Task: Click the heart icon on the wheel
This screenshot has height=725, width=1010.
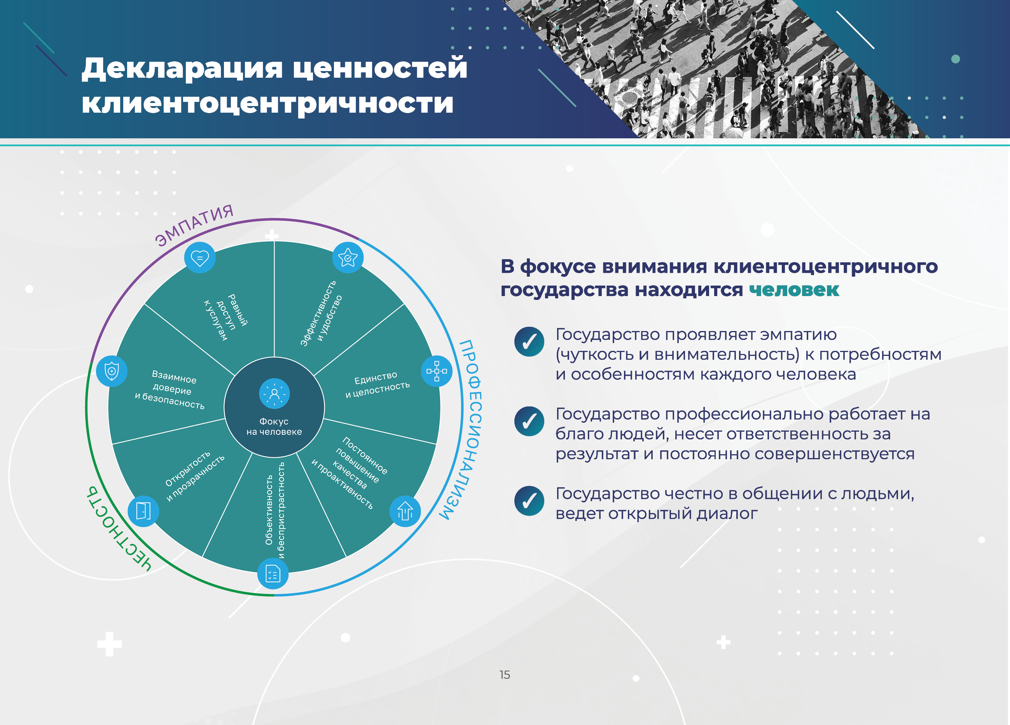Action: coord(199,258)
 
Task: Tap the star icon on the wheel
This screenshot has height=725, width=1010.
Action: coord(348,258)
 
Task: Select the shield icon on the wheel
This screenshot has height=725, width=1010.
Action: coord(112,371)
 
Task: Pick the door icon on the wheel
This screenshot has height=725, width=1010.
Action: coord(143,511)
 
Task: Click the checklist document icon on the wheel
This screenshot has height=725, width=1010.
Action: coord(273,574)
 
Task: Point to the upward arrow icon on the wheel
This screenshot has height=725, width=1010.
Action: coord(405,511)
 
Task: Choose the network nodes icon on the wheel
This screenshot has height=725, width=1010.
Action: coord(437,371)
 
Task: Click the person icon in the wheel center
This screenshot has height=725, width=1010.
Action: coord(274,394)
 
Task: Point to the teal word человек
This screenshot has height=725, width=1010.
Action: coord(794,290)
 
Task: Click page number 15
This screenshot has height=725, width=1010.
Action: coord(505,675)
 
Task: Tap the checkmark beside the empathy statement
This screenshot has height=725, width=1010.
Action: coord(529,342)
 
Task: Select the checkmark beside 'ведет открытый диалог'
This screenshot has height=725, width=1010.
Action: coord(529,501)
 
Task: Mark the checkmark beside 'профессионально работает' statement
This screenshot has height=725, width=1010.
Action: coord(529,421)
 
